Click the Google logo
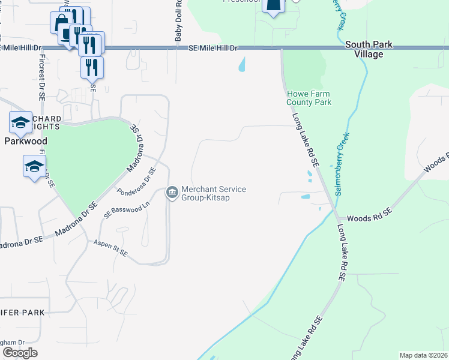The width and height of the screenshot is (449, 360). [x=20, y=353]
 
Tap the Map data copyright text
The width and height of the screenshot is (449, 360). [x=424, y=355]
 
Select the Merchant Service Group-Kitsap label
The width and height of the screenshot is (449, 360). [x=214, y=193]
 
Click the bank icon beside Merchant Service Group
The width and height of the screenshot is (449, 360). [x=172, y=193]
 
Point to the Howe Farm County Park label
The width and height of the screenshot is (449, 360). [x=309, y=98]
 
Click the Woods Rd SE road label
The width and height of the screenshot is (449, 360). [x=369, y=212]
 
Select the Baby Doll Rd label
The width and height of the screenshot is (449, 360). [x=178, y=24]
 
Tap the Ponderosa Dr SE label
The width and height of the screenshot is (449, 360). [x=136, y=182]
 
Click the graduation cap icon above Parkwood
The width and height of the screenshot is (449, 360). [x=20, y=122]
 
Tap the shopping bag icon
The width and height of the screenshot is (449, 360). [x=61, y=23]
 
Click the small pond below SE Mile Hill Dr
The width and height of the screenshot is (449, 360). [x=242, y=64]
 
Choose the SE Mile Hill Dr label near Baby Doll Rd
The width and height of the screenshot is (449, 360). [x=213, y=47]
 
